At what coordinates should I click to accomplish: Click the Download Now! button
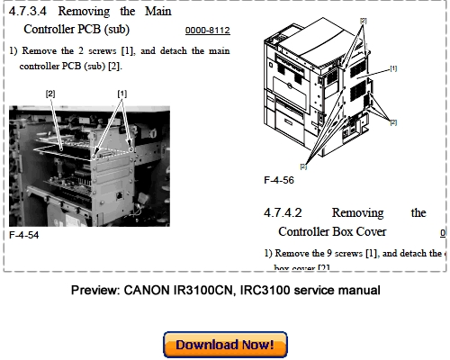coord(225,346)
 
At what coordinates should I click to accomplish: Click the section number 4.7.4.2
coord(283,213)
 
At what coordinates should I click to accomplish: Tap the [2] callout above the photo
coord(50,93)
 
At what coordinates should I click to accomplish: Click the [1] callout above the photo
coord(121,93)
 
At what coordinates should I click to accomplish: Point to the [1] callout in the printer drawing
coord(393,67)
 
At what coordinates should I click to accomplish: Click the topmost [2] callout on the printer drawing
coord(364,20)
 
